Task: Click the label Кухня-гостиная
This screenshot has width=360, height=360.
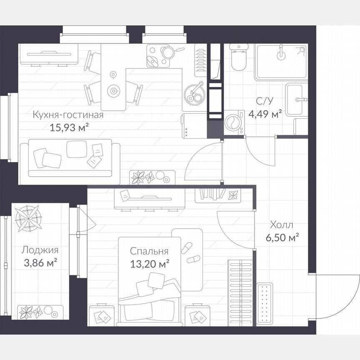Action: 67,115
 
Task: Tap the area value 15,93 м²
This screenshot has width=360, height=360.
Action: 70,127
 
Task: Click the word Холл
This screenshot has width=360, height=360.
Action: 281,225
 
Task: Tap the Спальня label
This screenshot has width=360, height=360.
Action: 149,251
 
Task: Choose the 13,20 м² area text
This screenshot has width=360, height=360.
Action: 149,263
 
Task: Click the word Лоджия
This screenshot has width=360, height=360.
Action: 40,250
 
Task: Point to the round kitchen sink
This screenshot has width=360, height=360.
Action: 194,94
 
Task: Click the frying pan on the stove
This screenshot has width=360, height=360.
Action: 169,52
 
